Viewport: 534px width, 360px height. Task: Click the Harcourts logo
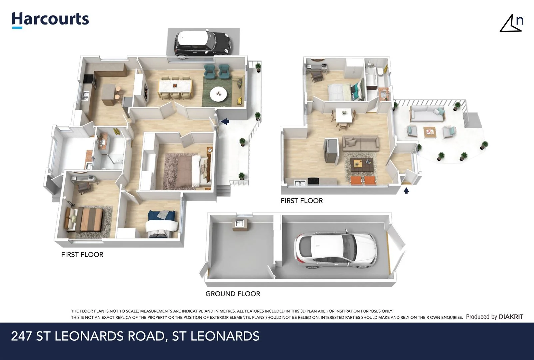pos(50,19)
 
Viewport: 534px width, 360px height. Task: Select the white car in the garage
pos(335,248)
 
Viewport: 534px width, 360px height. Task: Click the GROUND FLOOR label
pos(233,294)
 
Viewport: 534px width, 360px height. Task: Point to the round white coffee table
pos(218,94)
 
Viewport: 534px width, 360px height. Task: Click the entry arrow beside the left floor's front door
pos(225,122)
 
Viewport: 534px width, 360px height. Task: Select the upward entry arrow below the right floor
pos(406,191)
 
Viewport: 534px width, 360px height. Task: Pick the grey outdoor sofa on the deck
pos(427,114)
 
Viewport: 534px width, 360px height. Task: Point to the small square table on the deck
pos(430,132)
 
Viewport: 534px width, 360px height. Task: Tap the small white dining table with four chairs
pos(343,115)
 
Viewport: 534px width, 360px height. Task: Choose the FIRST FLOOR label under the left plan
pos(82,254)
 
